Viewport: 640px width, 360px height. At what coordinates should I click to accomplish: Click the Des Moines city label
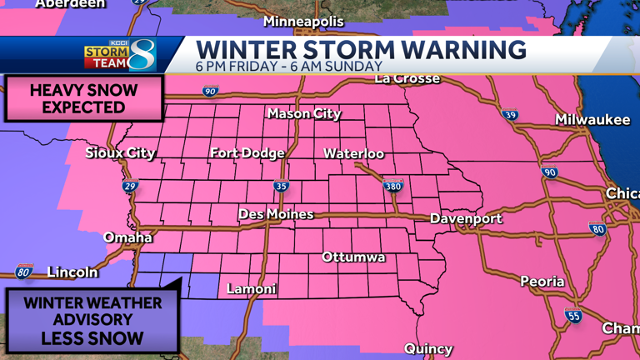(x=276, y=214)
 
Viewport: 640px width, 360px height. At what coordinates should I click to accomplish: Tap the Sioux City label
(x=120, y=153)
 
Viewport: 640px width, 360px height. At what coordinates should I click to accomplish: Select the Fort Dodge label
(x=247, y=153)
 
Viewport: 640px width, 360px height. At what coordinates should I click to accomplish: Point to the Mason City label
(x=304, y=113)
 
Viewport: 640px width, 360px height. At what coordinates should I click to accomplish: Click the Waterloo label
(x=353, y=153)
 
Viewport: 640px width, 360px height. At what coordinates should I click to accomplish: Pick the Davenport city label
(x=466, y=218)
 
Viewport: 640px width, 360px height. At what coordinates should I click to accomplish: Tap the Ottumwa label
(x=353, y=257)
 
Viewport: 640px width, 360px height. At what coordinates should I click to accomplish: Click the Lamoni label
(x=252, y=289)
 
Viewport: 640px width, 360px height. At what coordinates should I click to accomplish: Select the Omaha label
(x=127, y=237)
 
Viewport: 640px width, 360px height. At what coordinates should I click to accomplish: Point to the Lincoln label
(x=72, y=272)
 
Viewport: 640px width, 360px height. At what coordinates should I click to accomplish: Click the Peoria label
(x=542, y=282)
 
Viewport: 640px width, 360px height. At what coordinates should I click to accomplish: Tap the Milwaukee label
(x=592, y=120)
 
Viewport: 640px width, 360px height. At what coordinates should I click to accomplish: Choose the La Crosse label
(x=407, y=79)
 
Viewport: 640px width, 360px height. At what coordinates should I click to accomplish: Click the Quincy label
(x=428, y=348)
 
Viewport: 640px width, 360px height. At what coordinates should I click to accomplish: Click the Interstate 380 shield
(x=392, y=186)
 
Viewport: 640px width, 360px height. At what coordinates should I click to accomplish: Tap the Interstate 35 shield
(x=282, y=186)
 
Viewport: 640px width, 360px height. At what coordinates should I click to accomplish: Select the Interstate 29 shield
(x=130, y=186)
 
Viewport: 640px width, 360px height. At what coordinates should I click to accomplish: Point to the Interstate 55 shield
(x=572, y=315)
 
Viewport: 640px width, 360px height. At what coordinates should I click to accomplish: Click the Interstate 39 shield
(x=510, y=116)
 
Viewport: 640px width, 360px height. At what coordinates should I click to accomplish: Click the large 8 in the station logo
(x=142, y=55)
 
